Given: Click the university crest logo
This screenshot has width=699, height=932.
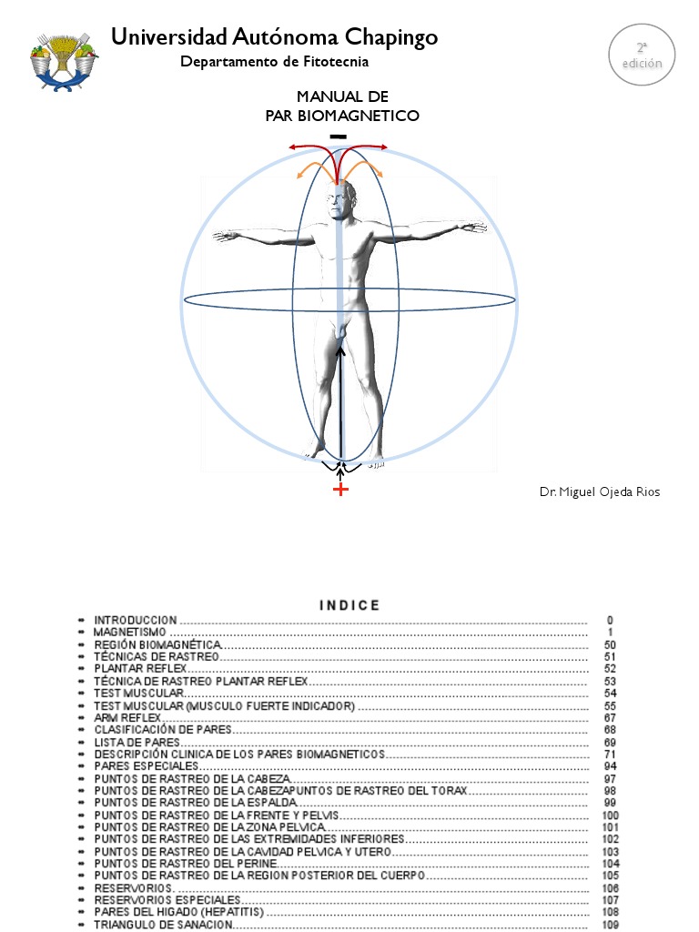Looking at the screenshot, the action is point(64,60).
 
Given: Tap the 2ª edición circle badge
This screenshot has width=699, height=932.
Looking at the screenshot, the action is point(643,55).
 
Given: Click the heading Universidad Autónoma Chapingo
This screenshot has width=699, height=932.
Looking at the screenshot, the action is point(274,37).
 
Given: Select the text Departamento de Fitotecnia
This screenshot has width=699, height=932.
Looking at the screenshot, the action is point(274,62).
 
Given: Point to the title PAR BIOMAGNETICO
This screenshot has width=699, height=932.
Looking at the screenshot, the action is point(342,116).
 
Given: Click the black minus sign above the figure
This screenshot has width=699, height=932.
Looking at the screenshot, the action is point(339,137).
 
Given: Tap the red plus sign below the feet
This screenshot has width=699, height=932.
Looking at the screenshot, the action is point(340,490).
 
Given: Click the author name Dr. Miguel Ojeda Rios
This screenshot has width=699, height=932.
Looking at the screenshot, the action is point(599,492).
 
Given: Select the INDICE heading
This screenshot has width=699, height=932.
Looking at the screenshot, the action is point(350,605).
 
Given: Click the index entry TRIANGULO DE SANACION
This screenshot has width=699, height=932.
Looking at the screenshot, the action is point(164,925).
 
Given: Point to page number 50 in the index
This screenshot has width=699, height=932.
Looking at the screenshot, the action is point(610,644).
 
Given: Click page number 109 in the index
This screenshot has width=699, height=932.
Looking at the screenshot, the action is point(610,925).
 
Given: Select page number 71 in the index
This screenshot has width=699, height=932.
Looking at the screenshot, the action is point(610,755).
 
